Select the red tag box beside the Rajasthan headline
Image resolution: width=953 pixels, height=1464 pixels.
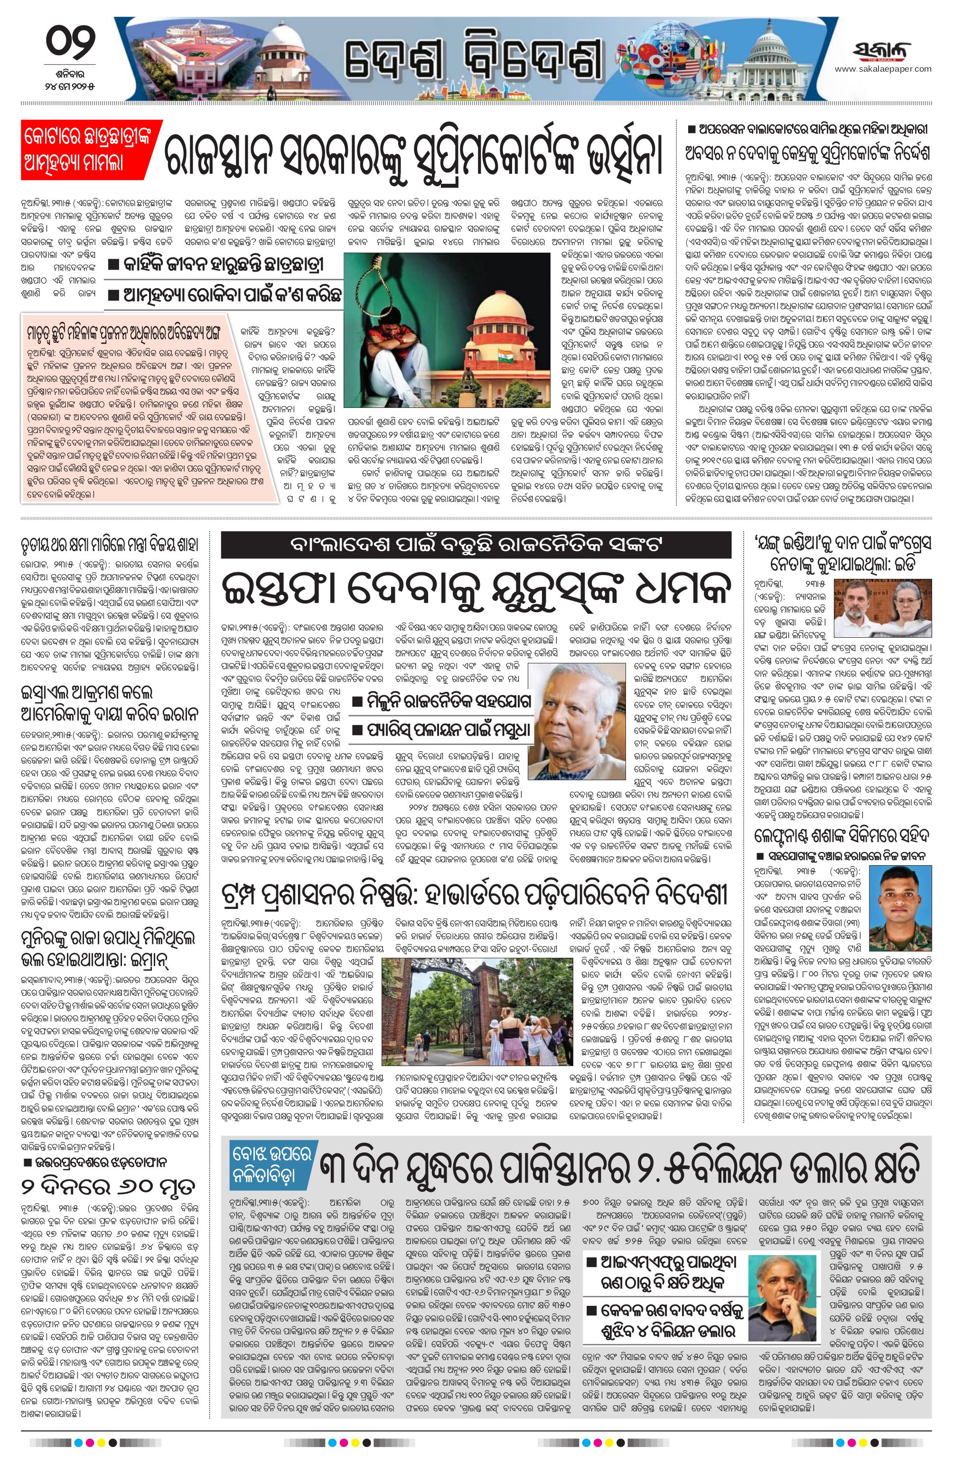(x=91, y=148)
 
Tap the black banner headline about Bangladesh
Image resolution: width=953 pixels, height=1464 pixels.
(x=476, y=544)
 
